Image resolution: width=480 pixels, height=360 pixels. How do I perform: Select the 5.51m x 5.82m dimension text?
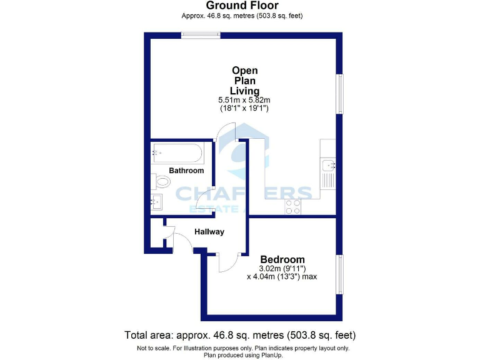(244, 100)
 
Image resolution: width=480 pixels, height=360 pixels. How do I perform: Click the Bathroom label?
(186, 171)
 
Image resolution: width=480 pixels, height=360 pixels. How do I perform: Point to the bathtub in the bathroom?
(177, 152)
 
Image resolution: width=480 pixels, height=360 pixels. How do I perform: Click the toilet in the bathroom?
(161, 182)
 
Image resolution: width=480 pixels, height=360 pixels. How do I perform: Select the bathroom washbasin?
(156, 201)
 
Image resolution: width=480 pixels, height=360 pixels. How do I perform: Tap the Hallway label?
(209, 232)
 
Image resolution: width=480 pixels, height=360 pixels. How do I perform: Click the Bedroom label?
(282, 259)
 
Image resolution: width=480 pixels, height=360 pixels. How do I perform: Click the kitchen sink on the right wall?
(327, 166)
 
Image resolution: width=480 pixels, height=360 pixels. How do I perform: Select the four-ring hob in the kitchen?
(292, 207)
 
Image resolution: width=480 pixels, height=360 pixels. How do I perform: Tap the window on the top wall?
(201, 36)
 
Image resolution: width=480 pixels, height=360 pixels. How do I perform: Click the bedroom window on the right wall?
(339, 274)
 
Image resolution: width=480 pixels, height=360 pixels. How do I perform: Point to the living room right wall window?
(339, 94)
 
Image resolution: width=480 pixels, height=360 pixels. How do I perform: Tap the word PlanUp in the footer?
(269, 355)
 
